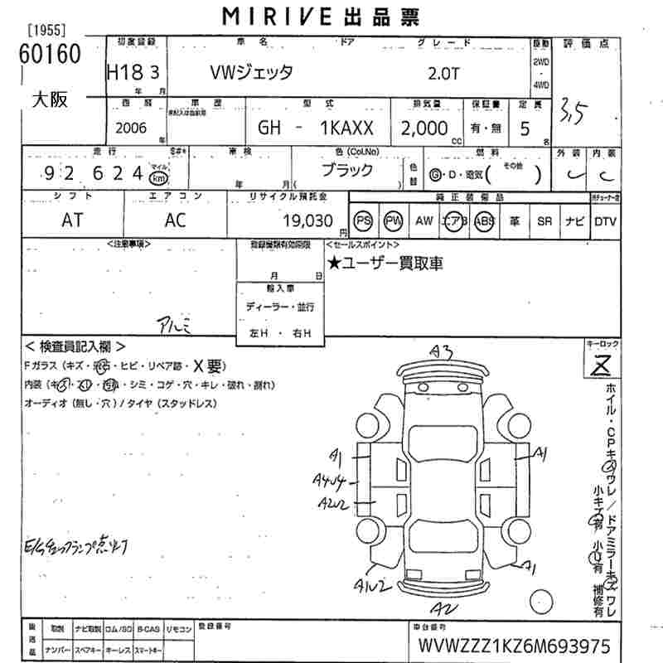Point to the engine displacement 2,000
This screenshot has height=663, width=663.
point(424,128)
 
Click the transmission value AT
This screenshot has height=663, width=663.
point(73,220)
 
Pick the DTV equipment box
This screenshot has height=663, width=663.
point(605,221)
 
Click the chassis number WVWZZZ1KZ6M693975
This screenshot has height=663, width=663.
point(514,646)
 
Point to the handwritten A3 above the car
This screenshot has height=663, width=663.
point(440,352)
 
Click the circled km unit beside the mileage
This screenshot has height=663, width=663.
point(158,177)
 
